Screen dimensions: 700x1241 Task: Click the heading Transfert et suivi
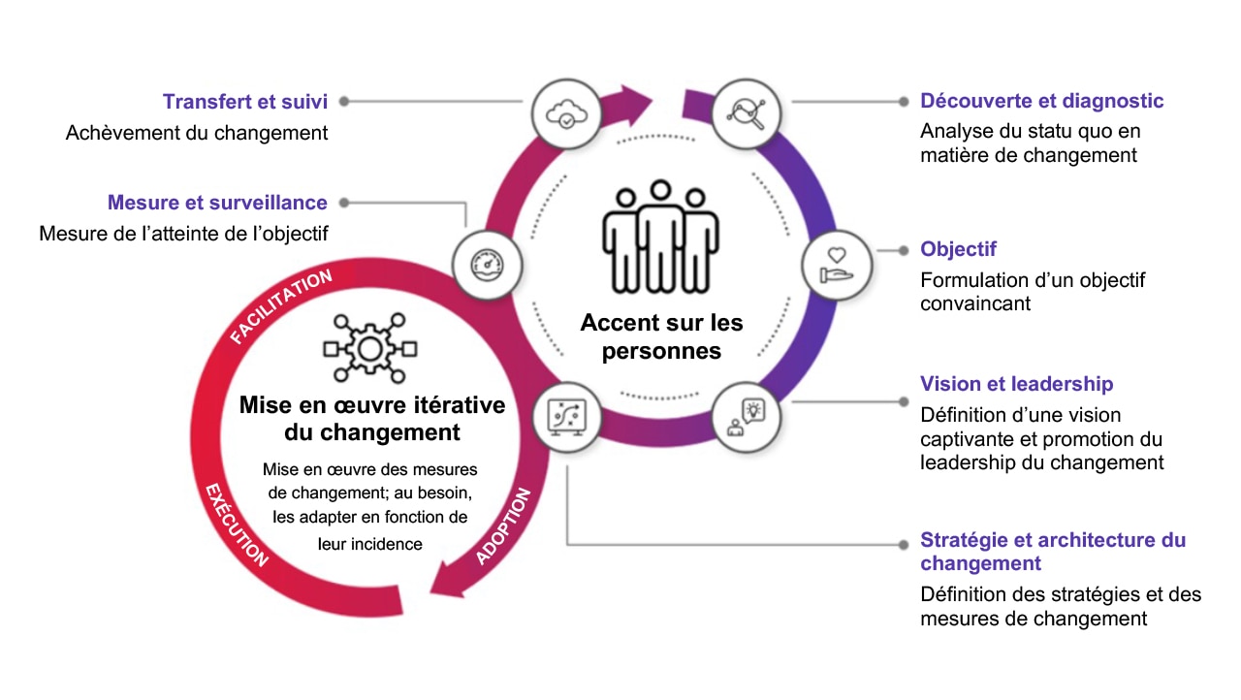click(x=245, y=102)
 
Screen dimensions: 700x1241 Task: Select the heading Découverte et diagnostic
click(x=1042, y=101)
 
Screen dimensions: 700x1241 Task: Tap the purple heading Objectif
click(x=958, y=249)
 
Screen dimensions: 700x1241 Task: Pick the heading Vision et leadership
click(x=1016, y=384)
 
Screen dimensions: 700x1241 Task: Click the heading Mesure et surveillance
click(x=217, y=203)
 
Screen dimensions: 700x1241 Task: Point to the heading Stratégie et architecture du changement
click(x=1052, y=552)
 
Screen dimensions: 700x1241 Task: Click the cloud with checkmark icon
click(x=565, y=113)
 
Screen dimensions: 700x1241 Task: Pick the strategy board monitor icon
click(x=566, y=418)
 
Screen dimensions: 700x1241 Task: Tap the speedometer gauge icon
click(x=488, y=265)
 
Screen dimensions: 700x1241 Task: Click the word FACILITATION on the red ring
click(x=281, y=306)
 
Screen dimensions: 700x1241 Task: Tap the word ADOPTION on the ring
click(x=504, y=526)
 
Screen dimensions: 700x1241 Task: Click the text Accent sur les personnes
click(x=661, y=336)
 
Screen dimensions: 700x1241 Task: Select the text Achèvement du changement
click(x=197, y=133)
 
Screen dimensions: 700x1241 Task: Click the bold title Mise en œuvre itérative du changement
click(x=372, y=418)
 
